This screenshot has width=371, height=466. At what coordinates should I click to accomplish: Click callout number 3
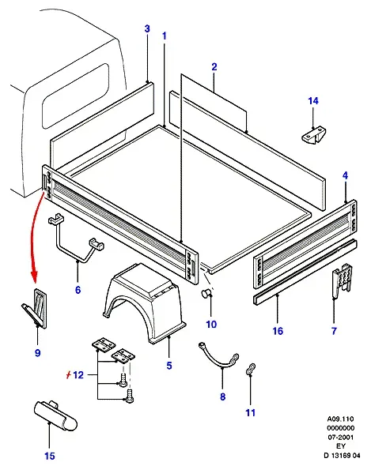pos(147,28)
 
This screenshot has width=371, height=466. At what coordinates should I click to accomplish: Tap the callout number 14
pos(313,101)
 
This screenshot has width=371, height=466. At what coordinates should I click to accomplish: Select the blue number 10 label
pos(211,325)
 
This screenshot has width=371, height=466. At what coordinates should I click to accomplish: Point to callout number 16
pos(278,331)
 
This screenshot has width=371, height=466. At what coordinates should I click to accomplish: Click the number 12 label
pos(78,375)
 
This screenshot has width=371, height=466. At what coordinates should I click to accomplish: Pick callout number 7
pos(334,331)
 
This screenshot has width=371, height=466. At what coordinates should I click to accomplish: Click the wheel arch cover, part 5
pos(145,303)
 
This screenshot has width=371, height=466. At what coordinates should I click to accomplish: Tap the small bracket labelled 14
pos(313,136)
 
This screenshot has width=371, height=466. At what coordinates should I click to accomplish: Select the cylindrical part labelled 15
pos(55,415)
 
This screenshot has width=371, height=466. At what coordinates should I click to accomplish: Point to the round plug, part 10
pos(206,293)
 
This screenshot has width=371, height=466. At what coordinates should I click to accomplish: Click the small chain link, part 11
pos(251,370)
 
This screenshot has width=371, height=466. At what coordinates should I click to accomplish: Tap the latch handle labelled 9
pos(36,309)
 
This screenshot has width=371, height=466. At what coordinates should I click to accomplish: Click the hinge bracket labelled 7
pos(343,280)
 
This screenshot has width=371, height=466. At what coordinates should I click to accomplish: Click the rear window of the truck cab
pos(75,95)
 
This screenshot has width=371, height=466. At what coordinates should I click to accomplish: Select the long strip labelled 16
pos(305,272)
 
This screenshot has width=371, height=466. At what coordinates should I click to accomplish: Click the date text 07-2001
pos(341,438)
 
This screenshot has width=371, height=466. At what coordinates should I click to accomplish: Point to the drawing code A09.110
pos(341,419)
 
